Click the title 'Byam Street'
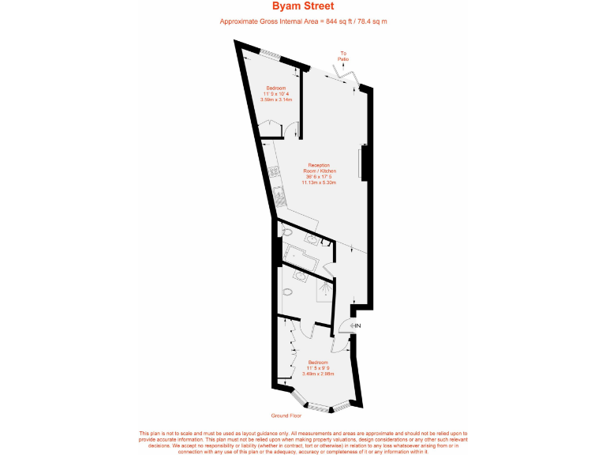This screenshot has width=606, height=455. pos(303,6)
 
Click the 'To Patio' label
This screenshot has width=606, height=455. pos(343,56)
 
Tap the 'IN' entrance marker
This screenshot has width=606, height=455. pos(357,325)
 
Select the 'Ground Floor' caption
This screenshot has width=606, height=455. pos(286,415)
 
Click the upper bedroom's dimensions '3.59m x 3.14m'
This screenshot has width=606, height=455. pos(276,100)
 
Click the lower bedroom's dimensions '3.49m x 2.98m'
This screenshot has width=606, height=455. pos(319,374)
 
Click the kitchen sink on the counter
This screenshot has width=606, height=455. pos(278,192)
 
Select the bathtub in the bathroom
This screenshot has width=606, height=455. pos(301,258)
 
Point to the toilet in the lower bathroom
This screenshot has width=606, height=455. pos(286,291)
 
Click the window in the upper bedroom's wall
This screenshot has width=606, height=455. pos(271,54)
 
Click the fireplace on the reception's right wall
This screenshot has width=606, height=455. pos(364,163)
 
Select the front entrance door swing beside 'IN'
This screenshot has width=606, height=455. pos(346,325)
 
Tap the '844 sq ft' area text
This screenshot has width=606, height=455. pos(339,21)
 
